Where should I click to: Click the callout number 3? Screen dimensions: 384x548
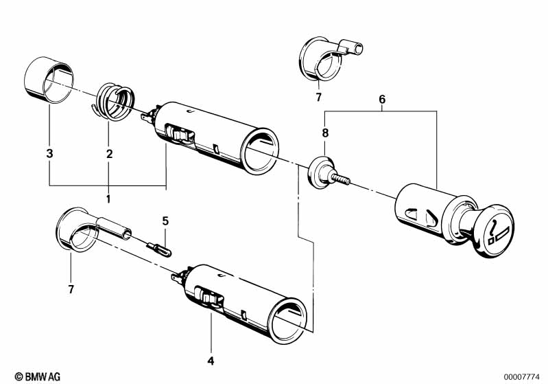[49, 154]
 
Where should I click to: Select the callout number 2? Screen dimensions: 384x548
[109, 154]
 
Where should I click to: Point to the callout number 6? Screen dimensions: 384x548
[382, 99]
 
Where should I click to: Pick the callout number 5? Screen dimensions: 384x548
[165, 221]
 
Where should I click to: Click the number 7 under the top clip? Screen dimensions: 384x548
[318, 98]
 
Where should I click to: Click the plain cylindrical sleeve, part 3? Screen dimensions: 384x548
[45, 82]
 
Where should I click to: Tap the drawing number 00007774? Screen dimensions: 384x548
[522, 376]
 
